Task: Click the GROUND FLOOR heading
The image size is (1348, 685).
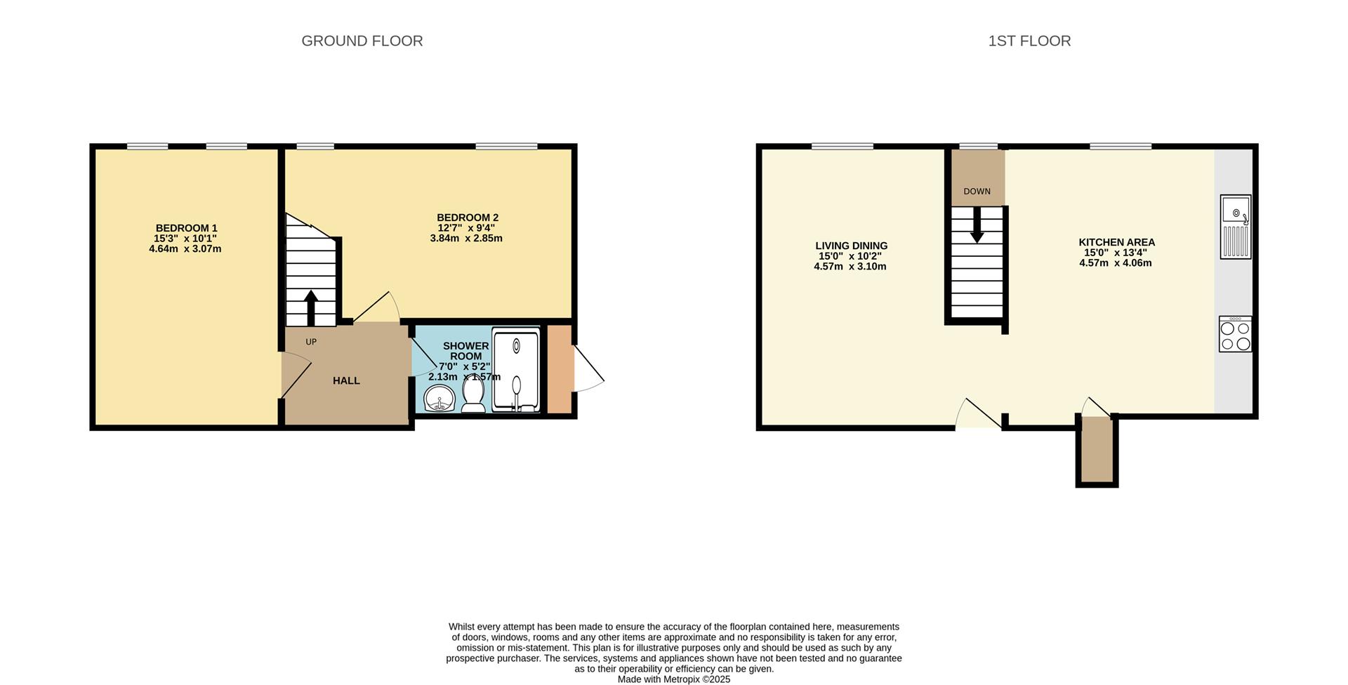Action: coord(362,41)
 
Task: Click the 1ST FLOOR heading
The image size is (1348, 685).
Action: coord(1029,41)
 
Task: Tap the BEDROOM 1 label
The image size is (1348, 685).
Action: coord(186,228)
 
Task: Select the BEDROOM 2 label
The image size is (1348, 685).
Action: coord(467,218)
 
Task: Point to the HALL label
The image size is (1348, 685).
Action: coord(346,380)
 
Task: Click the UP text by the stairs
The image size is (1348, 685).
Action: coord(311,342)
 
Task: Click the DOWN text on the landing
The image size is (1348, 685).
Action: coord(977,192)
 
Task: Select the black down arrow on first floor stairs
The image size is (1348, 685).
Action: coord(977,227)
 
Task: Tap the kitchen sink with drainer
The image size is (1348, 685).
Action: coord(1235,227)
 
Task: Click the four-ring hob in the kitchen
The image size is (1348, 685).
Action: coord(1235,335)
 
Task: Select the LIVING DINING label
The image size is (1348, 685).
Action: coord(851,246)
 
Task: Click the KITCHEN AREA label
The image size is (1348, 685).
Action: coord(1116,242)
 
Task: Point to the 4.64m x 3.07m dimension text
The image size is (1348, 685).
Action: coord(185,248)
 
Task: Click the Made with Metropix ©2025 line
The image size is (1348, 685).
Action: coord(673,679)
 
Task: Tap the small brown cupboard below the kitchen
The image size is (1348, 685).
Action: coord(1097,450)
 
